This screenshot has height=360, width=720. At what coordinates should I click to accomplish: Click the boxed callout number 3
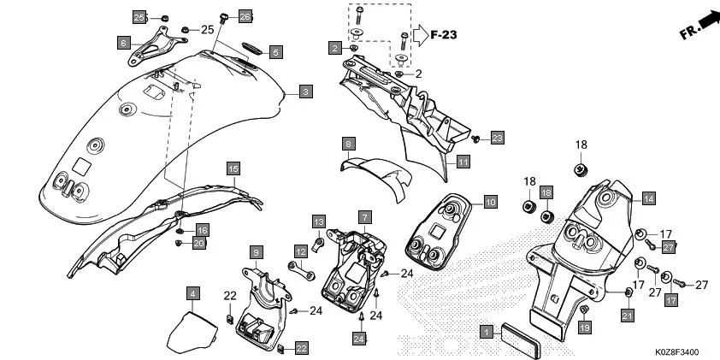(x=305, y=91)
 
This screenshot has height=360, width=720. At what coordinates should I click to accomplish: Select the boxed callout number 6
(x=124, y=42)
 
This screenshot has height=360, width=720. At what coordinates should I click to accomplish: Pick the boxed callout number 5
(x=274, y=51)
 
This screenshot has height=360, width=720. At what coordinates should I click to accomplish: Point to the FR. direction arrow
(x=698, y=26)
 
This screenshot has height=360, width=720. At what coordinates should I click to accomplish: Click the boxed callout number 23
(x=498, y=137)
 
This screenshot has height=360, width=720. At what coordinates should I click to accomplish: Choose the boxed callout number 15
(x=233, y=168)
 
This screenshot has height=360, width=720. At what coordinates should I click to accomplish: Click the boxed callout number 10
(x=489, y=202)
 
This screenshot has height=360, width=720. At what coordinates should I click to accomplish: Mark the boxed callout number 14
(x=648, y=198)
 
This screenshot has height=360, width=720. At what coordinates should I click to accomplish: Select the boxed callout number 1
(x=487, y=331)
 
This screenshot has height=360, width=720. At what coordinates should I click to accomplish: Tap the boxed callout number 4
(x=194, y=293)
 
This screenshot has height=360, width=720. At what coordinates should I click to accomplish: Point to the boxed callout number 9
(x=256, y=251)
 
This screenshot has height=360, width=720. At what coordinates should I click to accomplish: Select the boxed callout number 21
(x=627, y=317)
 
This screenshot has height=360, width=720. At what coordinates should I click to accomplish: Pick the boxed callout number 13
(x=318, y=222)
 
